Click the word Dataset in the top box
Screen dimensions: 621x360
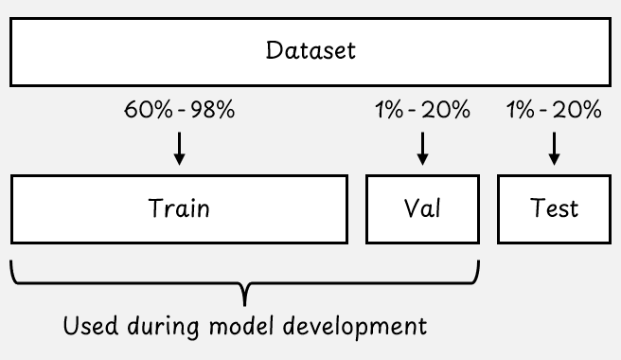click(x=310, y=50)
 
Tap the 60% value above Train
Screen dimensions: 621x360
click(x=149, y=110)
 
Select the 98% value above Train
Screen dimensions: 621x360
click(x=213, y=110)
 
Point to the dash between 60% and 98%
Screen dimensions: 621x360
click(x=182, y=111)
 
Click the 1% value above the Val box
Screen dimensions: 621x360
click(x=389, y=110)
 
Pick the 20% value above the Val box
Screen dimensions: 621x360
click(x=446, y=110)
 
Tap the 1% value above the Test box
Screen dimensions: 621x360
click(x=521, y=110)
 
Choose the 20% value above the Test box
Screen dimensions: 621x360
click(x=577, y=110)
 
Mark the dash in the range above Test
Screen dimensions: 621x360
click(x=543, y=111)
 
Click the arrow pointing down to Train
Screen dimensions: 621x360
click(x=180, y=149)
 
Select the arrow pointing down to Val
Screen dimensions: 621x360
click(x=422, y=149)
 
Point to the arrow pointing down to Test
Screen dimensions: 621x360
click(x=554, y=149)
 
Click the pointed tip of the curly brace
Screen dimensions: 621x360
click(x=245, y=306)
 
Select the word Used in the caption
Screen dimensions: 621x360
click(x=91, y=326)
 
